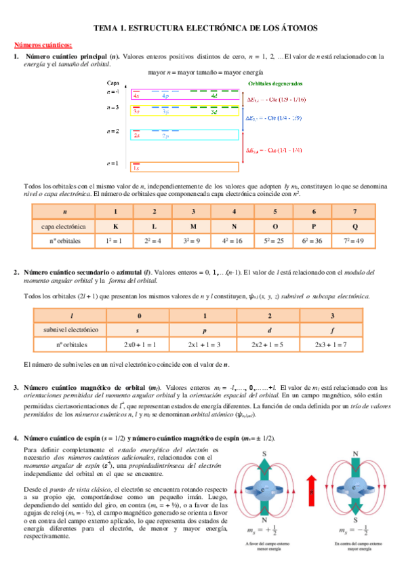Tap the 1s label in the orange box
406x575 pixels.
136,167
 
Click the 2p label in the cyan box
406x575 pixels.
165,136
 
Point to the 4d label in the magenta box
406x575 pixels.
214,96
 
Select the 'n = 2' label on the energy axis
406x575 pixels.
113,131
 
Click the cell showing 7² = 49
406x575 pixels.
355,241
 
